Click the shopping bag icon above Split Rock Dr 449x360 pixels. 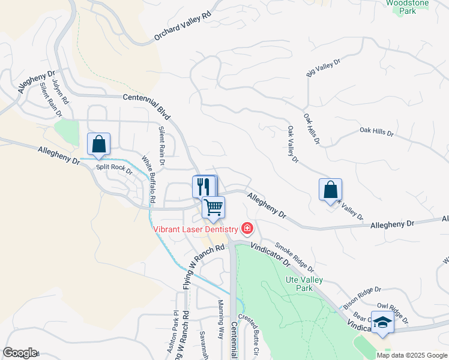coord(99,145)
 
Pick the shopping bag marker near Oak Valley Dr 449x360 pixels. coord(330,190)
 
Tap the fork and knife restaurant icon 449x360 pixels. coord(203,186)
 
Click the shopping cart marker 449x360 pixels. coord(214,208)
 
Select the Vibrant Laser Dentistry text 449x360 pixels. coord(196,229)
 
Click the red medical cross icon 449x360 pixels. coord(247,228)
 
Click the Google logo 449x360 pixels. coord(19,353)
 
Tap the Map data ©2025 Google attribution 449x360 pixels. coord(412,355)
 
